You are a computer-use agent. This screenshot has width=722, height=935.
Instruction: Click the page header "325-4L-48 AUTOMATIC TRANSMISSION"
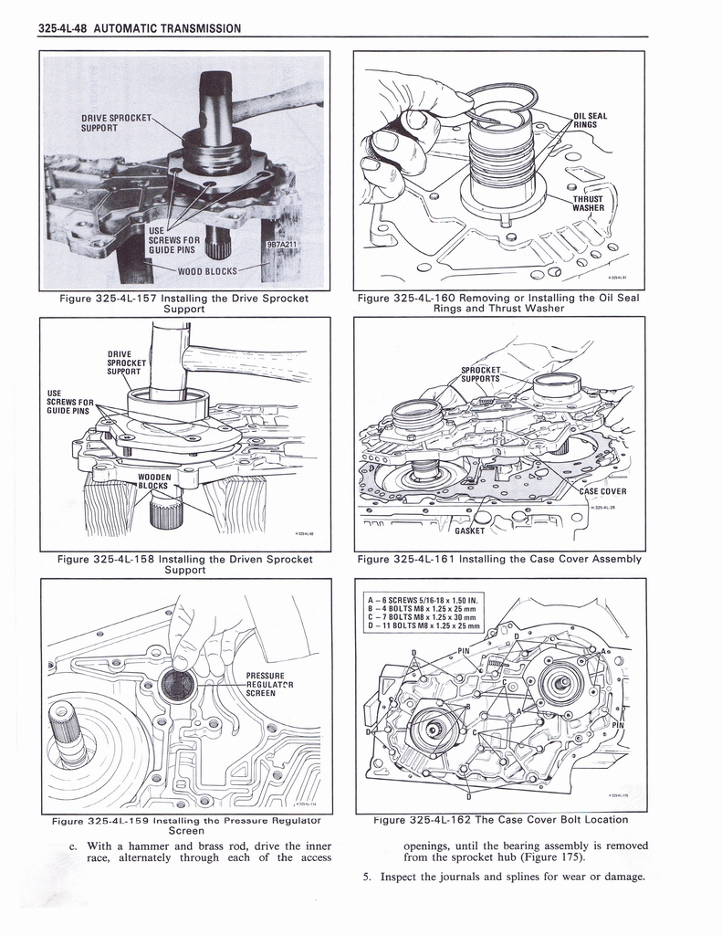click(141, 27)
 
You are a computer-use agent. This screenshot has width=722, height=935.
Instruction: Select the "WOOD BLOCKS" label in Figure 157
click(207, 271)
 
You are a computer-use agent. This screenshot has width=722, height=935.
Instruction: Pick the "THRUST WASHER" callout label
click(589, 202)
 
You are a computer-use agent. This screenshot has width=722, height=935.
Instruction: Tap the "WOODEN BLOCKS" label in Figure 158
click(155, 481)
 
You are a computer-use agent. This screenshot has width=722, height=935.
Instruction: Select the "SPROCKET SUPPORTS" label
click(484, 374)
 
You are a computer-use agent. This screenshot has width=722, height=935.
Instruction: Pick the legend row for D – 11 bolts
click(424, 625)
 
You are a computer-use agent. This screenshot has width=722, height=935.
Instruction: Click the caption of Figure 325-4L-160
click(498, 303)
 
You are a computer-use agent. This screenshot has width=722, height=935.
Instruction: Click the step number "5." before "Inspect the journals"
click(367, 877)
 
